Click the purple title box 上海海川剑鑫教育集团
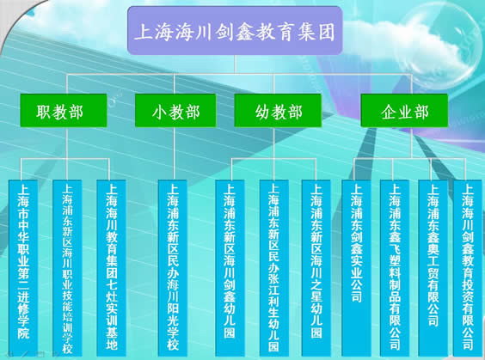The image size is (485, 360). tap(235, 31)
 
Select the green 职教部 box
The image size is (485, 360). tap(64, 110)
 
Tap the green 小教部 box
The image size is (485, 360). tap(175, 110)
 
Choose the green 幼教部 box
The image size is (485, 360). tap(278, 110)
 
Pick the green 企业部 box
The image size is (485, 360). tap(404, 110)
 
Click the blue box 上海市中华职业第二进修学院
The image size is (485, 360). tap(23, 268)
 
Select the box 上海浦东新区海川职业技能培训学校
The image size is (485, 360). tap(67, 268)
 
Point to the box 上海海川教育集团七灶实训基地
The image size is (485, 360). tap(111, 268)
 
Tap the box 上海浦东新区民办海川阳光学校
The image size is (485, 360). tap(173, 268)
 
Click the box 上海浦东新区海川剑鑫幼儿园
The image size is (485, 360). tap(230, 268)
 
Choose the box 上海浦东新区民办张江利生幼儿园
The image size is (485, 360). tap(273, 268)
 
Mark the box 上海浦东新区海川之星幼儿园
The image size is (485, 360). tap(316, 268)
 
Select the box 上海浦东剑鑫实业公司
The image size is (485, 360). tap(356, 268)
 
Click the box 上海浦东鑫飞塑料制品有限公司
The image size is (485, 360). tap(395, 268)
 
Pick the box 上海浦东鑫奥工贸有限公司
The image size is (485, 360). tap(433, 268)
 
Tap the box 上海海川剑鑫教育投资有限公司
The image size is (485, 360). tap(468, 268)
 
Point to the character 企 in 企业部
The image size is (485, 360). tap(389, 112)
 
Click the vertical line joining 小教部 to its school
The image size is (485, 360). tap(175, 153)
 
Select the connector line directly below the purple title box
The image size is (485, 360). tap(235, 64)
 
